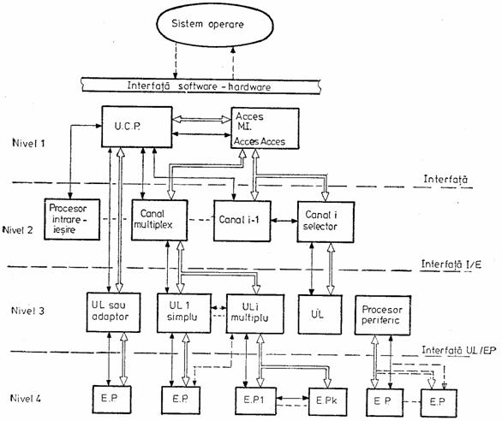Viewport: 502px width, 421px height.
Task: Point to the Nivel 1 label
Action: tap(28, 143)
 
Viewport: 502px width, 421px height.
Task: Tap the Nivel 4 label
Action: tap(26, 398)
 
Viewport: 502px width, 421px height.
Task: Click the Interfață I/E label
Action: tap(451, 264)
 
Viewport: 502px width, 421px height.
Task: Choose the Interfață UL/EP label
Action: tap(459, 350)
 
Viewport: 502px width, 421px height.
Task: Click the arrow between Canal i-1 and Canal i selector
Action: tap(284, 221)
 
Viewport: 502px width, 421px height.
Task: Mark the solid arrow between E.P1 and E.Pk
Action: tap(292, 398)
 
